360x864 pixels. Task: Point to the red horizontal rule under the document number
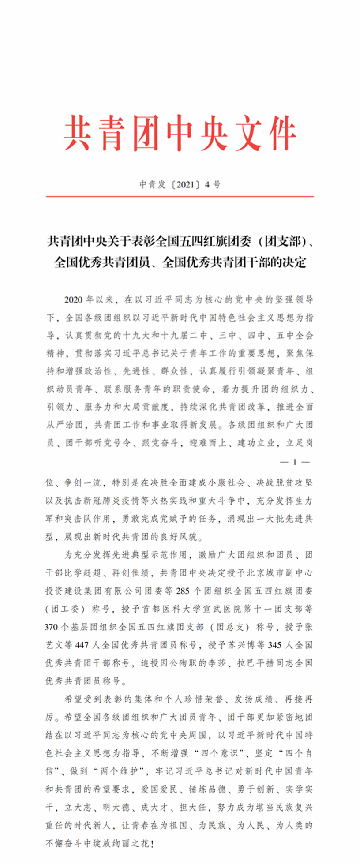(180, 196)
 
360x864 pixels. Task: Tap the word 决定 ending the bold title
(294, 263)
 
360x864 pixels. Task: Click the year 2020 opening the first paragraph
(73, 300)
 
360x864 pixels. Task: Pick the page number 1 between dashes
(295, 462)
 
